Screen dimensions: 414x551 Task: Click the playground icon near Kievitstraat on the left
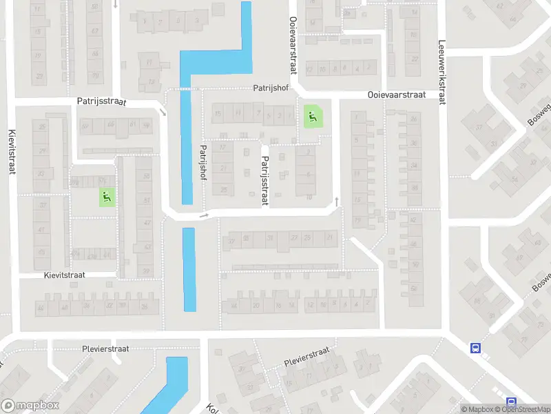coord(107,197)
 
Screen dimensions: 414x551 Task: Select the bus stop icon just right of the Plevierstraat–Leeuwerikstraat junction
coord(475,348)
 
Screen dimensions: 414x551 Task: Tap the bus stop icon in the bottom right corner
coord(511,402)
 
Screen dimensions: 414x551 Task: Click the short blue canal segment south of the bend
coord(189,269)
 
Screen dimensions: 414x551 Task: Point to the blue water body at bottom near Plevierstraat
coord(167,385)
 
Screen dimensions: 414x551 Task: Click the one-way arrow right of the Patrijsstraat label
coord(163,112)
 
